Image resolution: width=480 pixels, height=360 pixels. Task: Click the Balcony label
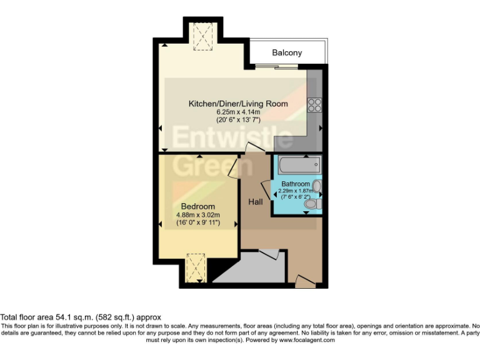click(287, 53)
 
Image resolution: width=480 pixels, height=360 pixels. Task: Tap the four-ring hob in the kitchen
click(314, 104)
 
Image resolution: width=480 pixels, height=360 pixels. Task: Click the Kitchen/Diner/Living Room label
click(238, 103)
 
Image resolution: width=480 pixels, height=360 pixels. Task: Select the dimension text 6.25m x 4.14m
click(238, 112)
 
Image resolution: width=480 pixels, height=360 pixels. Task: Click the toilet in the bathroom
click(317, 203)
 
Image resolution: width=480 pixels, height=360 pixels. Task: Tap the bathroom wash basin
click(317, 186)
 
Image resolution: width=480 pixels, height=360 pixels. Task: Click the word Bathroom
click(295, 184)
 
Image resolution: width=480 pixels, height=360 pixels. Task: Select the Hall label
click(255, 202)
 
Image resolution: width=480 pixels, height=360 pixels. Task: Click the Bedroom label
click(198, 206)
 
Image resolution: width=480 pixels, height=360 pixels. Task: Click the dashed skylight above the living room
click(202, 36)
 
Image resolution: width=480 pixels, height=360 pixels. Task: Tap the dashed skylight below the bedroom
click(196, 267)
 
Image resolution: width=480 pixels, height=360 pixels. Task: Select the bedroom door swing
click(232, 166)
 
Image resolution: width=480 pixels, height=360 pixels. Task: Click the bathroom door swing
click(266, 187)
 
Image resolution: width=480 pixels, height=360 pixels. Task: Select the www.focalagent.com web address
click(306, 341)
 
